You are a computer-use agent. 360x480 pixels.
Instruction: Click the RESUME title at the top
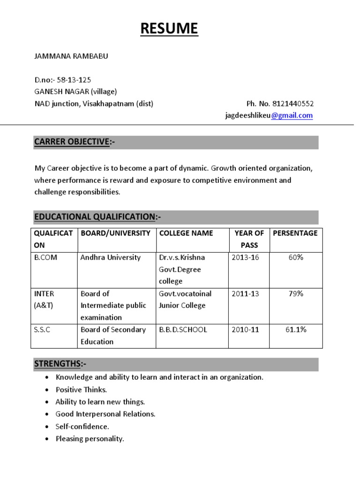point(170,29)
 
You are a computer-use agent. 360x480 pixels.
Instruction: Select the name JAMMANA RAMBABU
point(71,56)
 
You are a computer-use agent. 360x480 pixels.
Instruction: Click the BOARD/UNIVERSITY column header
point(115,233)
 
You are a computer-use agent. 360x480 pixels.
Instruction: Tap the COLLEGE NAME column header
point(186,233)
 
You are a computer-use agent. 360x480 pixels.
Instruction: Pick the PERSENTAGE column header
point(295,233)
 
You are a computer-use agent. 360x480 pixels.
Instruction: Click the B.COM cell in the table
point(46,257)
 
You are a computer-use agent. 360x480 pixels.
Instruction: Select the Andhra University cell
point(111,257)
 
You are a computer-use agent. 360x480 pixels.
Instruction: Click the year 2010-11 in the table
point(245,330)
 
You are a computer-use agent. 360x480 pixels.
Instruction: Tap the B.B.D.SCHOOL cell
point(183,330)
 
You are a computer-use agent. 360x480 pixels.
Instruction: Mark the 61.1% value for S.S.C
point(295,330)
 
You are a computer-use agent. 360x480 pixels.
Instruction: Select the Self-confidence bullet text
point(82,427)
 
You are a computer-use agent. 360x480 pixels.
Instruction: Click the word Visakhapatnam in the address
point(108,104)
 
